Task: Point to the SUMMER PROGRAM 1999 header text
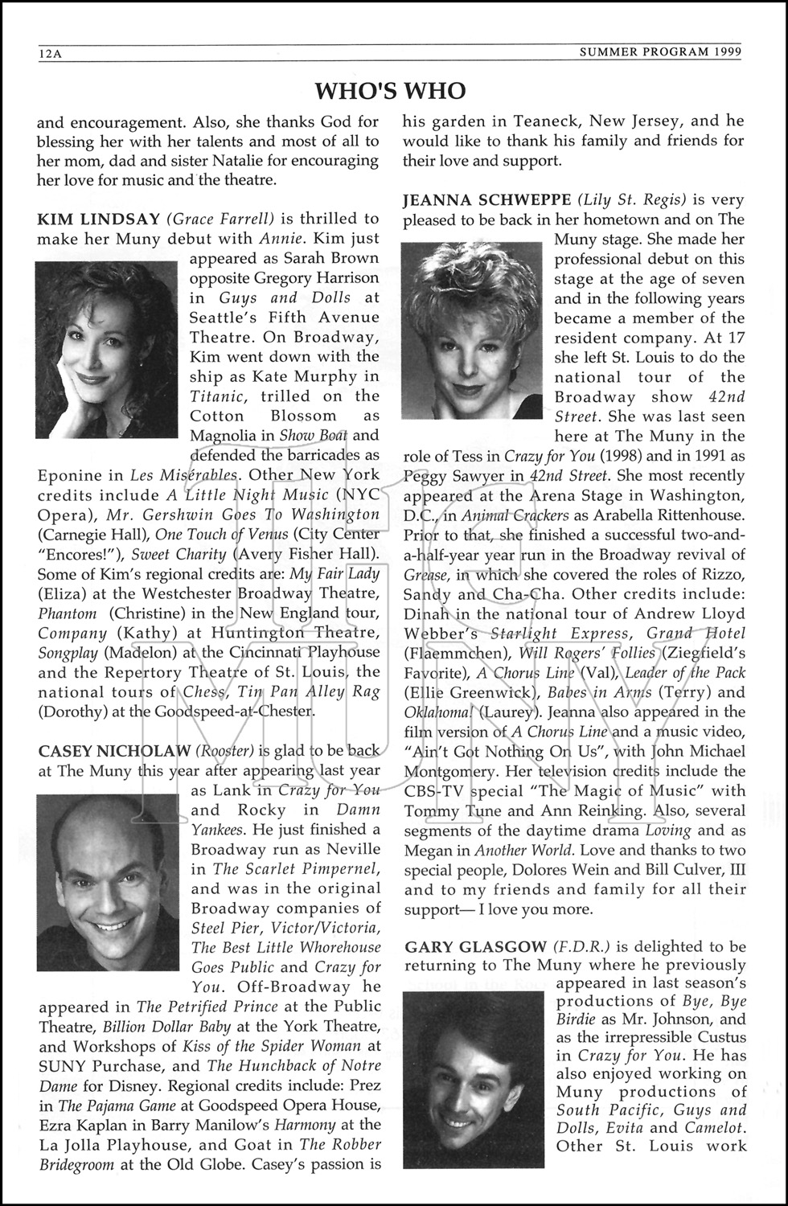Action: [660, 53]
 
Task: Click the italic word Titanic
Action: [216, 396]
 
